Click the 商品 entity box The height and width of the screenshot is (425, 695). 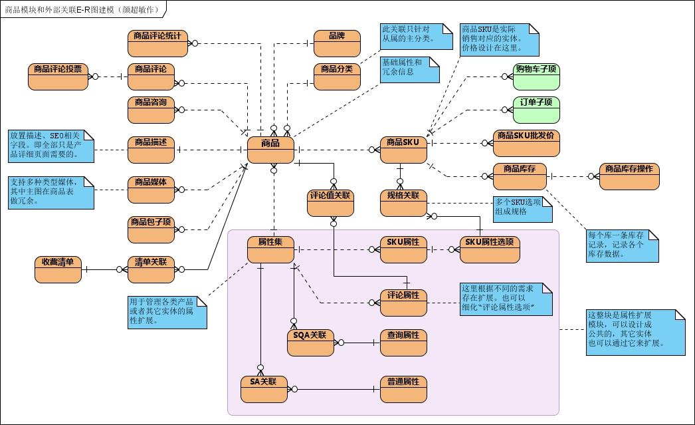(270, 150)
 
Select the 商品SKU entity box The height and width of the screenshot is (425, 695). (403, 150)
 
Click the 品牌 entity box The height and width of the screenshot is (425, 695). (337, 43)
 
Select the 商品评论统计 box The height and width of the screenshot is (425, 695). (157, 43)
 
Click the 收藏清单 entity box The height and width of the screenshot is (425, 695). (58, 269)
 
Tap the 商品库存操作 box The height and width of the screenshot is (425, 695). (629, 176)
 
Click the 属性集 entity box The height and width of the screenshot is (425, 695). (270, 249)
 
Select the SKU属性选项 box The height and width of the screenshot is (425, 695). (490, 249)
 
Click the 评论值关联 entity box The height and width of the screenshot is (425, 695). (330, 203)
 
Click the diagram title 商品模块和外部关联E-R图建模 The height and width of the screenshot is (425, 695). (83, 9)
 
